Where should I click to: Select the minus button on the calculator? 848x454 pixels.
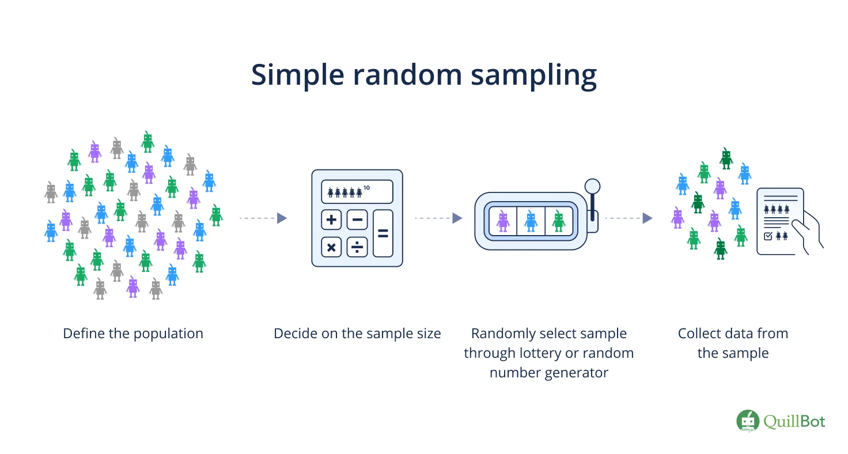[357, 220]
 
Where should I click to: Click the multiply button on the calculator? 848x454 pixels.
[331, 247]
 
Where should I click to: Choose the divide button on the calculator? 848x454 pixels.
[357, 247]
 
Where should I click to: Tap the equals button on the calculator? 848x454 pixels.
[383, 233]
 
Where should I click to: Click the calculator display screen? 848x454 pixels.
[357, 191]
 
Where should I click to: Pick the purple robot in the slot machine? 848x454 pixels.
[503, 221]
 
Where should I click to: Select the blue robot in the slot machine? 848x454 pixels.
[531, 221]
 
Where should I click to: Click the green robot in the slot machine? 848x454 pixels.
[558, 221]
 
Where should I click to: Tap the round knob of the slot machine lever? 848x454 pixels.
[592, 186]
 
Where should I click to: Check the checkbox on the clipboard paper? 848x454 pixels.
[768, 236]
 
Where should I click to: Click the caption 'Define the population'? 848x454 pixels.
[133, 334]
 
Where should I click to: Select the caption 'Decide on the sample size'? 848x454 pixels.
[357, 334]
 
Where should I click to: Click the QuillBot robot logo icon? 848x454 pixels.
[748, 421]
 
